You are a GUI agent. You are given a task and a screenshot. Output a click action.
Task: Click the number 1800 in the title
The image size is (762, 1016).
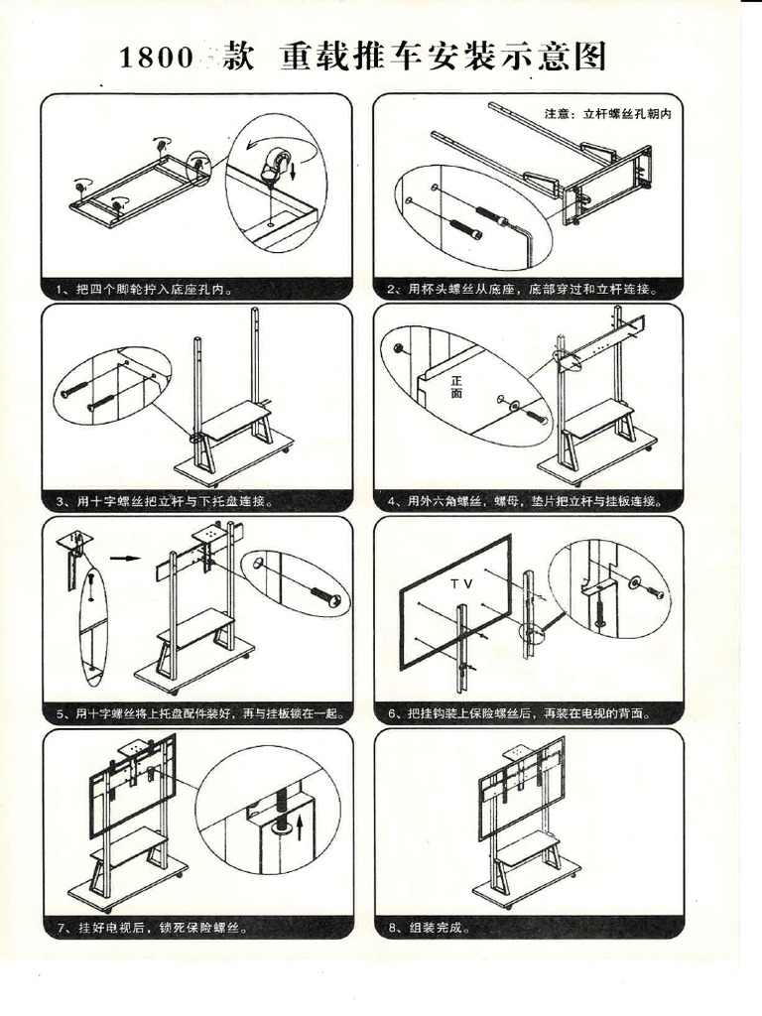coord(156,59)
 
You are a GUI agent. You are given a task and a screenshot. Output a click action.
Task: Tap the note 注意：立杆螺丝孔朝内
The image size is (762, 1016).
coord(608,114)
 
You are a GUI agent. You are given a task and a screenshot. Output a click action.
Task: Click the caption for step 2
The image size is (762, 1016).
coord(523,290)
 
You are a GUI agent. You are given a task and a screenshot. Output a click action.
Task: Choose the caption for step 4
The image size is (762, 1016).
coord(527,501)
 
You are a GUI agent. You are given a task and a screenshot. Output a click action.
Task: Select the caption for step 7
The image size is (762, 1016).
coord(149,928)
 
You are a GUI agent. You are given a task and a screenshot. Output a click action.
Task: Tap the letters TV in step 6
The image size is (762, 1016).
coord(461,584)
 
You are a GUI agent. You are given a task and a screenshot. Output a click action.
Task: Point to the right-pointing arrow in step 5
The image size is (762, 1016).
coord(125,559)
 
